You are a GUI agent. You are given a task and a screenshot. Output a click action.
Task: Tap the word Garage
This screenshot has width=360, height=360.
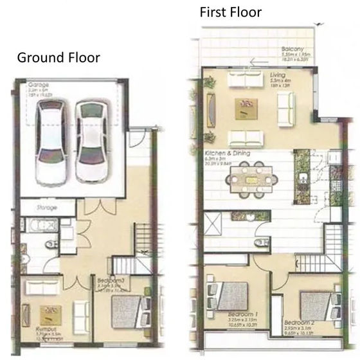click(39, 84)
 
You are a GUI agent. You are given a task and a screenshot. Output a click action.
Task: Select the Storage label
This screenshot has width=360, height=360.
click(46, 208)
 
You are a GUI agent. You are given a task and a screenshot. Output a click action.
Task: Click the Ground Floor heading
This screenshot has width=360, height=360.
click(58, 57)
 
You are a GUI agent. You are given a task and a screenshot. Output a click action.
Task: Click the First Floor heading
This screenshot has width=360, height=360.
click(230, 12)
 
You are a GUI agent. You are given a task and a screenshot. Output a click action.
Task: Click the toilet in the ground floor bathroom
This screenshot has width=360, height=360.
click(51, 244)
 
